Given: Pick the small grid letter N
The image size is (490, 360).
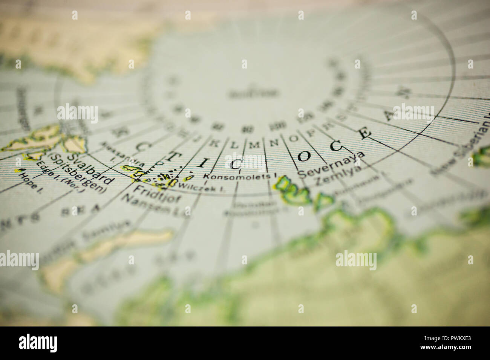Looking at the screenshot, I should (x=274, y=142).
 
